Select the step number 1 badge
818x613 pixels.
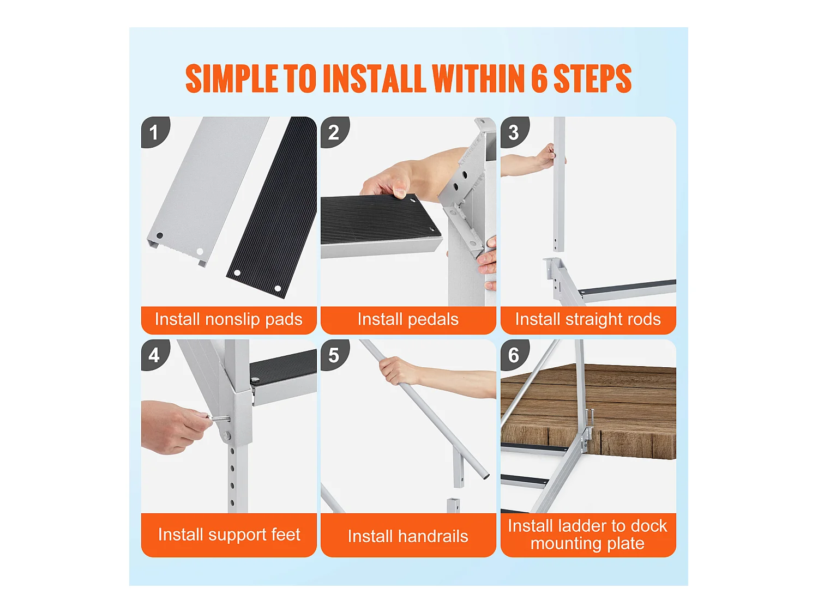155,132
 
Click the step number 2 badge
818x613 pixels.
334,132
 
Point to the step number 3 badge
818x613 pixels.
514,132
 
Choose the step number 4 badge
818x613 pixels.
155,355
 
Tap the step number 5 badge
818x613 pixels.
334,355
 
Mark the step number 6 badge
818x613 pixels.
514,355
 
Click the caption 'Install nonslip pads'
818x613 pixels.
228,320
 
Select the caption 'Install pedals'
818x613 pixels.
408,320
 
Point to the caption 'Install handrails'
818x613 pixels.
408,536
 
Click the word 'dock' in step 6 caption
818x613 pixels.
648,526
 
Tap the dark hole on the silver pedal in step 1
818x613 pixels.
159,235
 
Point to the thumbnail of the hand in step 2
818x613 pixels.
400,193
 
